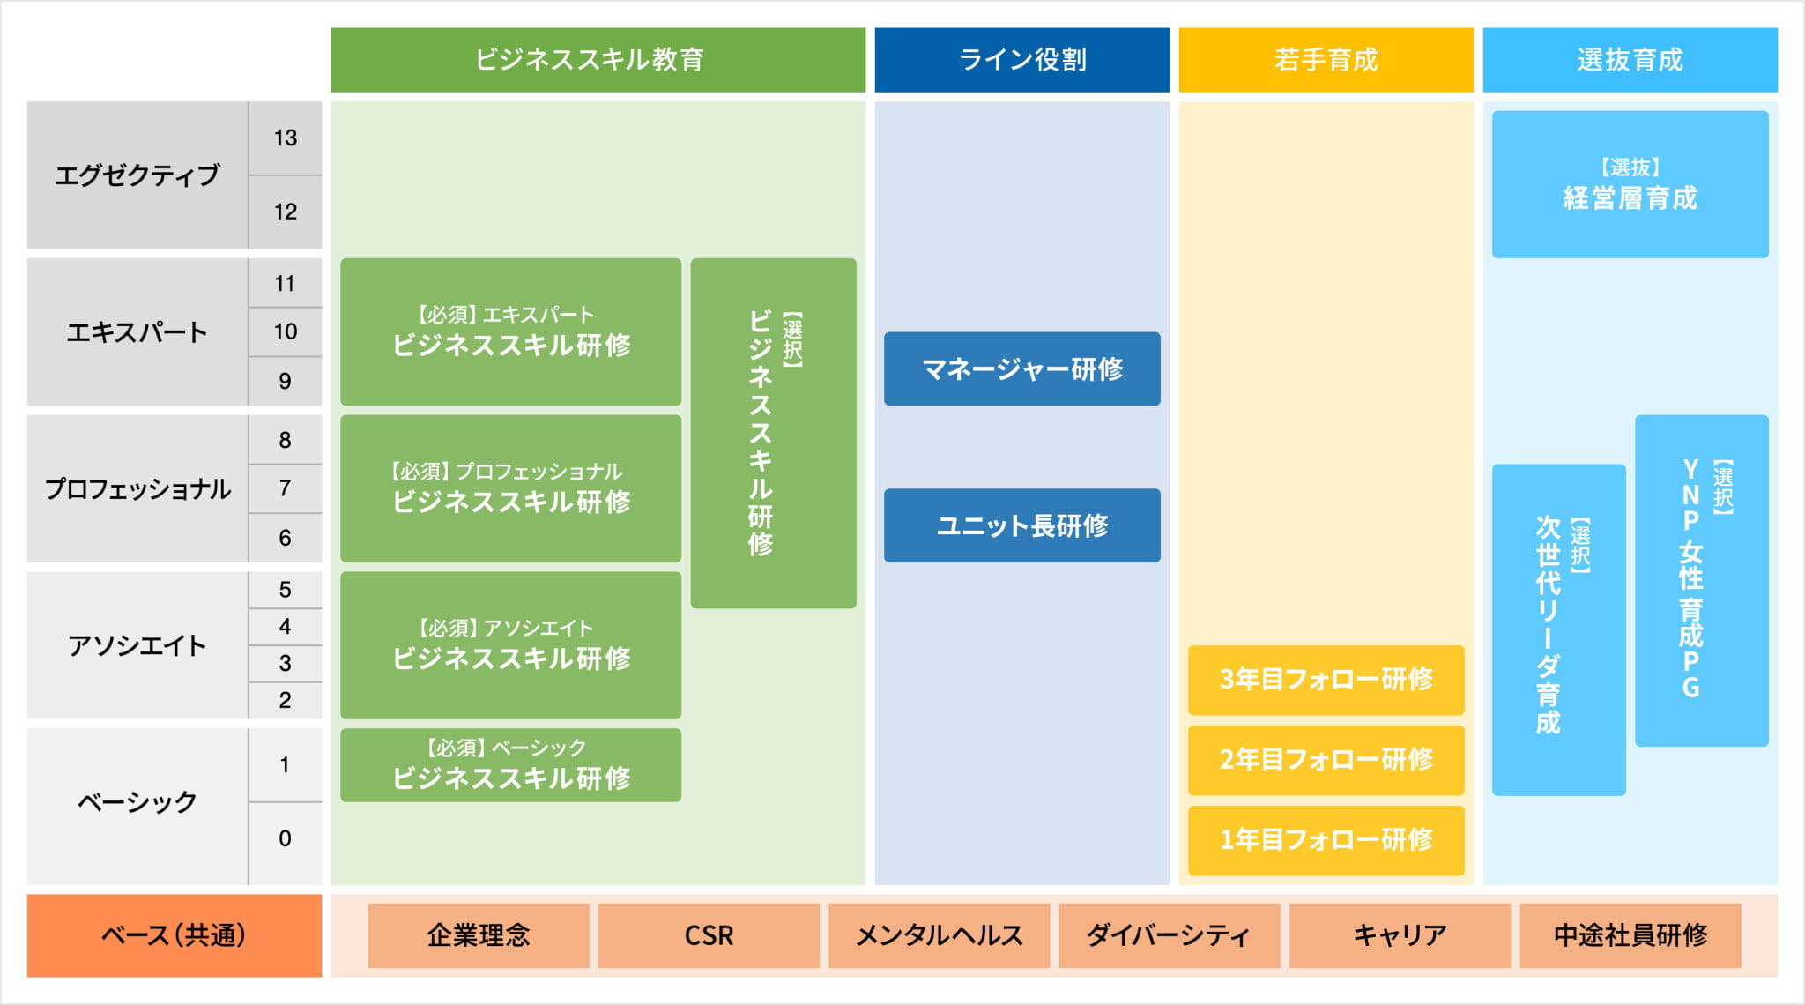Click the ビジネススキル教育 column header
(x=598, y=60)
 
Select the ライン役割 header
(x=1021, y=60)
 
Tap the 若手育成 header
(x=1326, y=60)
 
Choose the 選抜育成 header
(x=1630, y=60)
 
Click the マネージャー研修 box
(x=1021, y=368)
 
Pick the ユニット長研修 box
(x=1021, y=525)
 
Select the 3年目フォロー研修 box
(x=1326, y=680)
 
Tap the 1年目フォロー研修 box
(x=1326, y=840)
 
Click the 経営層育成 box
(x=1630, y=184)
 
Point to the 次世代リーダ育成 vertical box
(x=1558, y=629)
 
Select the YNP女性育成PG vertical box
(x=1701, y=580)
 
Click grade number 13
(x=285, y=138)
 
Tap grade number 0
(x=285, y=838)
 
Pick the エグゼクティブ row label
(x=137, y=175)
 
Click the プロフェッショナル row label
(x=137, y=488)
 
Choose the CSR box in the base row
(x=709, y=935)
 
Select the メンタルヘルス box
(x=939, y=935)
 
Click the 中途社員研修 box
(x=1630, y=935)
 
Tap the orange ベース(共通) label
(x=174, y=935)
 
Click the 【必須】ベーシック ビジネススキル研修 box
(x=510, y=764)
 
